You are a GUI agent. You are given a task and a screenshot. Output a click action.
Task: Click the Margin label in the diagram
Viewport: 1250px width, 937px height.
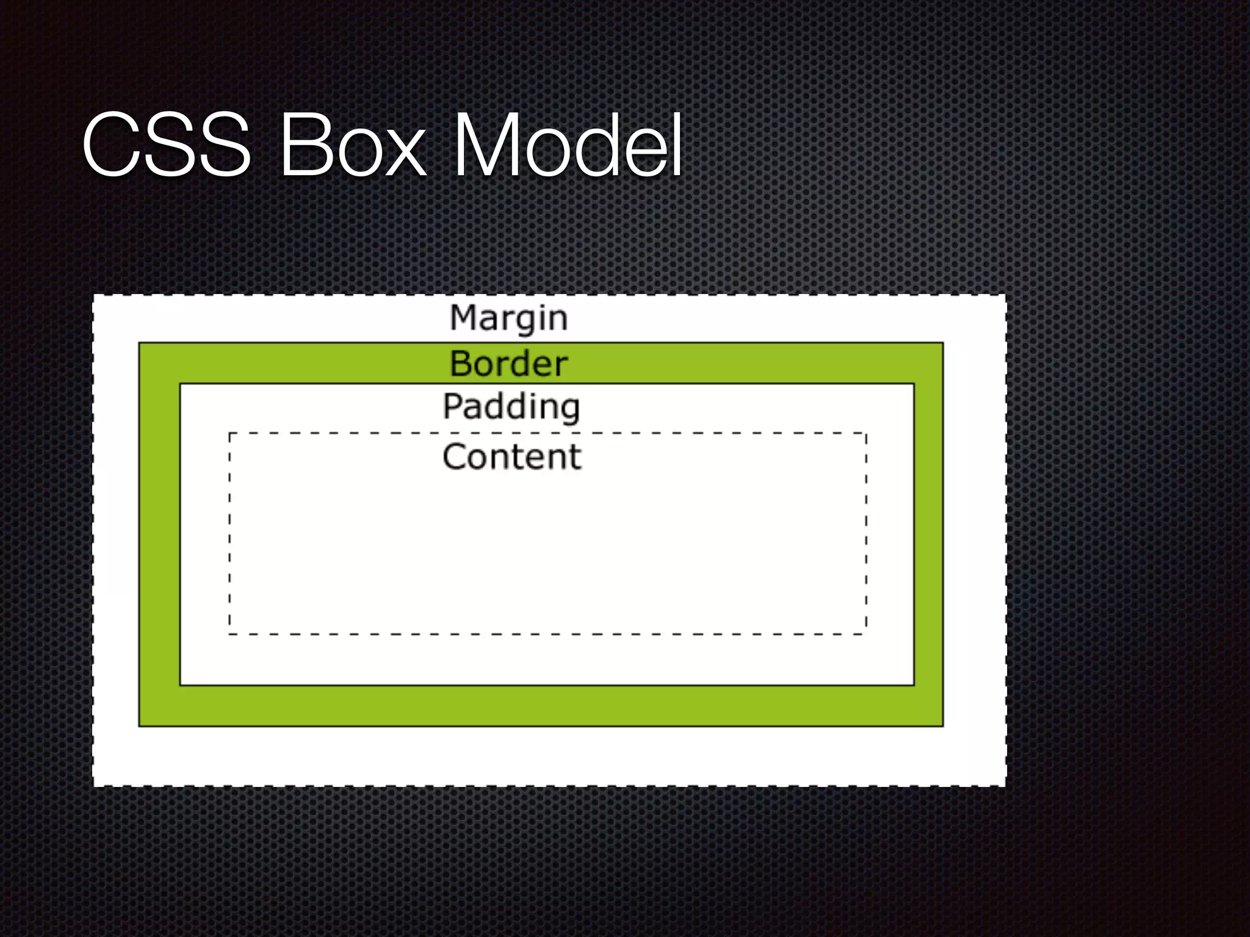(x=508, y=318)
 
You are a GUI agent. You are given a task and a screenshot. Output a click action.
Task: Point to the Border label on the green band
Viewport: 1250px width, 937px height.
(x=508, y=364)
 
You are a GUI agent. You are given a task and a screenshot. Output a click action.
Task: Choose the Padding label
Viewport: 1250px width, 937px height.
(x=511, y=407)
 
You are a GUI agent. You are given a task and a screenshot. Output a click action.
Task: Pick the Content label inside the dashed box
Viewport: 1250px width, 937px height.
(x=512, y=456)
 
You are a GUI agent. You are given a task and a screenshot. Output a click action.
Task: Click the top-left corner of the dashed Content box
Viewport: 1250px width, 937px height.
(x=229, y=433)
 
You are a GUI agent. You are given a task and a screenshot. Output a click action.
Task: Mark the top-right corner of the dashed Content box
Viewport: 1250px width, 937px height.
(x=866, y=433)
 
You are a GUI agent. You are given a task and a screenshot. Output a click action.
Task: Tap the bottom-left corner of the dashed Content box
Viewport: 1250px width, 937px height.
(x=229, y=634)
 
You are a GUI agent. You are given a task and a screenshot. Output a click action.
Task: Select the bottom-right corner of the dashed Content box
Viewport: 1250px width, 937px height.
(x=866, y=634)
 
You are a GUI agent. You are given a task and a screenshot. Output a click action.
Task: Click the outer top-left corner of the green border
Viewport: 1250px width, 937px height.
(x=139, y=343)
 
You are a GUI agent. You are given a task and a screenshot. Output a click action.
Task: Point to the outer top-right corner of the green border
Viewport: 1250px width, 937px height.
(x=943, y=343)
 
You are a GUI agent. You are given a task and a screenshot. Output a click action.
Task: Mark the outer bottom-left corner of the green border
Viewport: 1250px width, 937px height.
(x=139, y=726)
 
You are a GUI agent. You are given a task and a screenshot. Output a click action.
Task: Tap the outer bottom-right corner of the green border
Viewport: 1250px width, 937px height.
(x=943, y=726)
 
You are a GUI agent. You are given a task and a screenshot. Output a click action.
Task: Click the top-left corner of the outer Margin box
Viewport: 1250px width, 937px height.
(x=93, y=296)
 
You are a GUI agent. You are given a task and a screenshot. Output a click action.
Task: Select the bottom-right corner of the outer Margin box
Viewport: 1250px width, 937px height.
(x=1005, y=786)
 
